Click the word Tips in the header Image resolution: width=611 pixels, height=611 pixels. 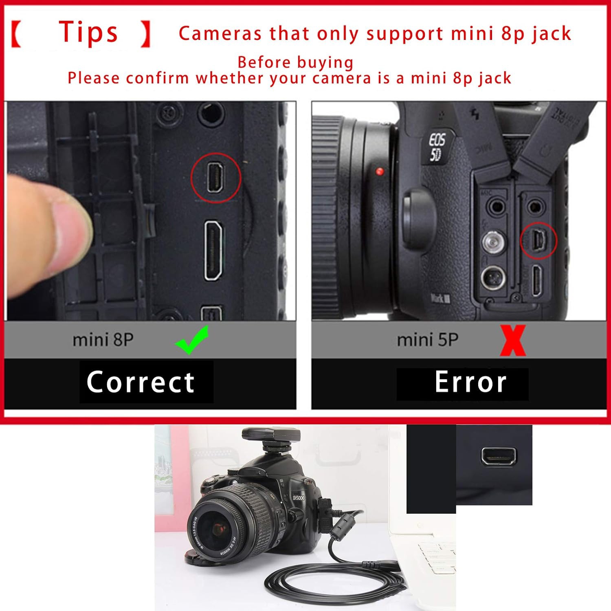click(x=88, y=33)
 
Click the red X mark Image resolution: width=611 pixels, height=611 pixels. click(x=513, y=341)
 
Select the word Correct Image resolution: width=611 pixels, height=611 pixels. click(x=141, y=382)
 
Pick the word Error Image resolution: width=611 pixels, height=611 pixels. click(x=470, y=382)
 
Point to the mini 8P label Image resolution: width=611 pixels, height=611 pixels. click(x=103, y=340)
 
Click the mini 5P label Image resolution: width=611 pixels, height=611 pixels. click(x=427, y=340)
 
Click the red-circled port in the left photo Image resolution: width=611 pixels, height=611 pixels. click(x=216, y=178)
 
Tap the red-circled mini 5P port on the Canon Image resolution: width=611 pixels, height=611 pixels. click(x=538, y=240)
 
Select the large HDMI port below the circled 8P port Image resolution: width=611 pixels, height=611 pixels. click(x=213, y=250)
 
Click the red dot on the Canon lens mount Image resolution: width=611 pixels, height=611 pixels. click(x=380, y=171)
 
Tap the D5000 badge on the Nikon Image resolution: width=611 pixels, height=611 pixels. click(x=299, y=498)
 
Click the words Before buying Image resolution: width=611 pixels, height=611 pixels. click(x=295, y=63)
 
